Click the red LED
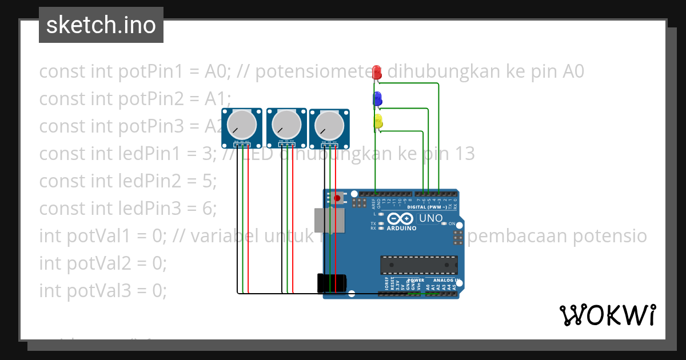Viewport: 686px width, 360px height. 377,72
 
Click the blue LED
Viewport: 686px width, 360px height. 377,99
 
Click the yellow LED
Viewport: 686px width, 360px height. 377,121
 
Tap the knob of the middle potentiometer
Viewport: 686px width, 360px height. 285,123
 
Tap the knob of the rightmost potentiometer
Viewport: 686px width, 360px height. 329,124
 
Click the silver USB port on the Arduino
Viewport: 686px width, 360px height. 330,221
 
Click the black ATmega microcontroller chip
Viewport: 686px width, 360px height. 419,265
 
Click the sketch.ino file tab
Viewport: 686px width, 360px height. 101,25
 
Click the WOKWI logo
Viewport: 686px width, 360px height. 607,315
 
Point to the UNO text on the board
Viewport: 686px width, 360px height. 431,218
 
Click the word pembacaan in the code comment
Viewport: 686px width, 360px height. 521,236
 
